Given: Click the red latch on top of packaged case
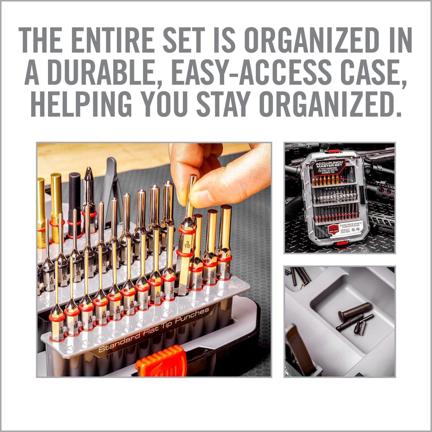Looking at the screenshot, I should point(333,151).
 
